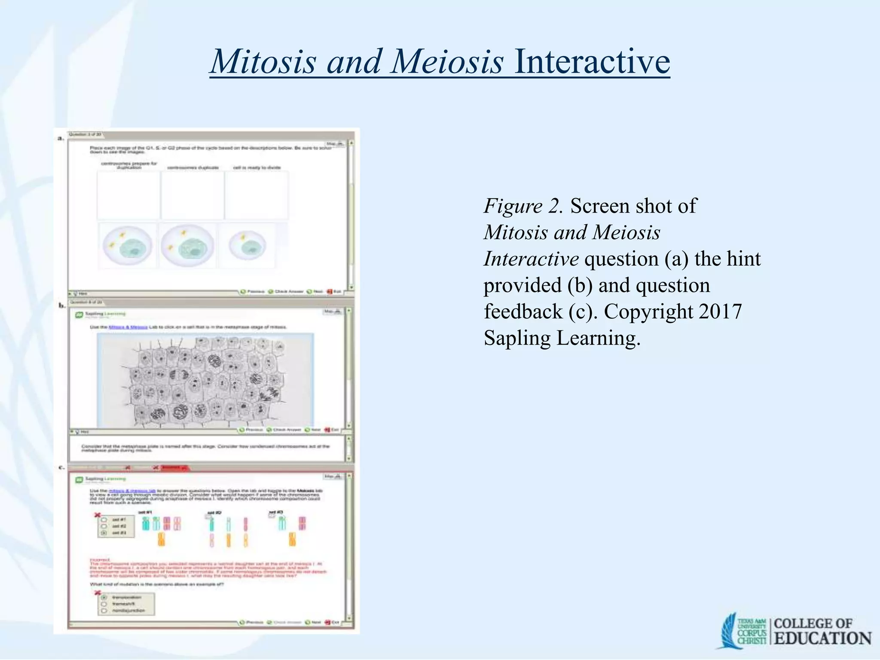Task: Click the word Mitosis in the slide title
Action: click(x=263, y=61)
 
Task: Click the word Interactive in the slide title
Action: click(x=591, y=61)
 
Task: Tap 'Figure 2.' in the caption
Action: click(x=522, y=206)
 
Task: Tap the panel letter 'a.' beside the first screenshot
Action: click(x=61, y=138)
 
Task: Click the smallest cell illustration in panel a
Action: click(x=247, y=246)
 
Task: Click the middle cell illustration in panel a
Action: click(x=187, y=246)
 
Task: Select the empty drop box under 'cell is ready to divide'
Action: click(x=257, y=196)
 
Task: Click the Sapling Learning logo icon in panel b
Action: click(x=79, y=315)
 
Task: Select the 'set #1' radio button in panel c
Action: click(x=104, y=519)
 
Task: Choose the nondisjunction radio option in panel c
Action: click(x=104, y=611)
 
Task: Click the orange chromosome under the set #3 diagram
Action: click(x=292, y=539)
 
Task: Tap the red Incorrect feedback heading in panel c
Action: click(x=100, y=559)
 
